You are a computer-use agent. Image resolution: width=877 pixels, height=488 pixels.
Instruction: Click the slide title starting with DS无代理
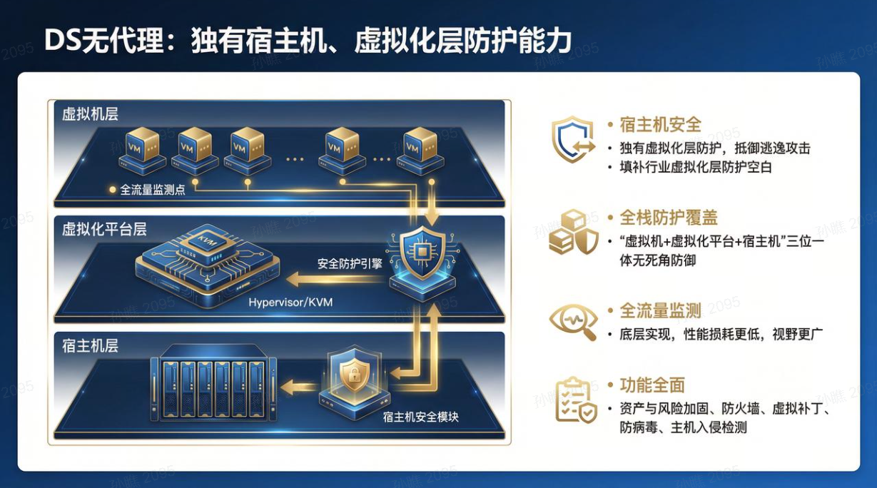308,40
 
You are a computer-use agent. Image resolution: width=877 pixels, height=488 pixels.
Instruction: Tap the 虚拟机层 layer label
90,114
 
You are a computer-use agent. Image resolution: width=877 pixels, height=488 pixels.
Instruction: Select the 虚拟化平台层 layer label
104,229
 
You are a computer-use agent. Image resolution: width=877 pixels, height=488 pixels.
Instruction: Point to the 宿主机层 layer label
90,345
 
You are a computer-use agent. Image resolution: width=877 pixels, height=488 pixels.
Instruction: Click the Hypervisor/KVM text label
290,302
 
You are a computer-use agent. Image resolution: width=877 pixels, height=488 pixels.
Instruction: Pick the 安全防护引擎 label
350,264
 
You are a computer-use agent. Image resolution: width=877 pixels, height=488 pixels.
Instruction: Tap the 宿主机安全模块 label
420,417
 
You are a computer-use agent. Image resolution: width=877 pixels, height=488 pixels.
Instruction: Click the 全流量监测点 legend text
152,190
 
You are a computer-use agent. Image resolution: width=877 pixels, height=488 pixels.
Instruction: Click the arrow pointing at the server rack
298,387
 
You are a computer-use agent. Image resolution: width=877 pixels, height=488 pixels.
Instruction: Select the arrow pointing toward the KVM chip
335,280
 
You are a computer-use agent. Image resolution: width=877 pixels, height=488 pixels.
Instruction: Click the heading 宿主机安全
660,125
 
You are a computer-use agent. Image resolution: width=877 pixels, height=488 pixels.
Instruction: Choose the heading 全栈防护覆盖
669,218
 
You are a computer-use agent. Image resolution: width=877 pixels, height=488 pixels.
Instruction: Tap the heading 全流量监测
660,311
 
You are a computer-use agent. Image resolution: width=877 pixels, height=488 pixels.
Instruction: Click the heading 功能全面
652,385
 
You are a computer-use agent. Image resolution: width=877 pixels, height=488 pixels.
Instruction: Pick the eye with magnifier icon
573,322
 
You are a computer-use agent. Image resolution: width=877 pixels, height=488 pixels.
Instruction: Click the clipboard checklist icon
576,400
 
